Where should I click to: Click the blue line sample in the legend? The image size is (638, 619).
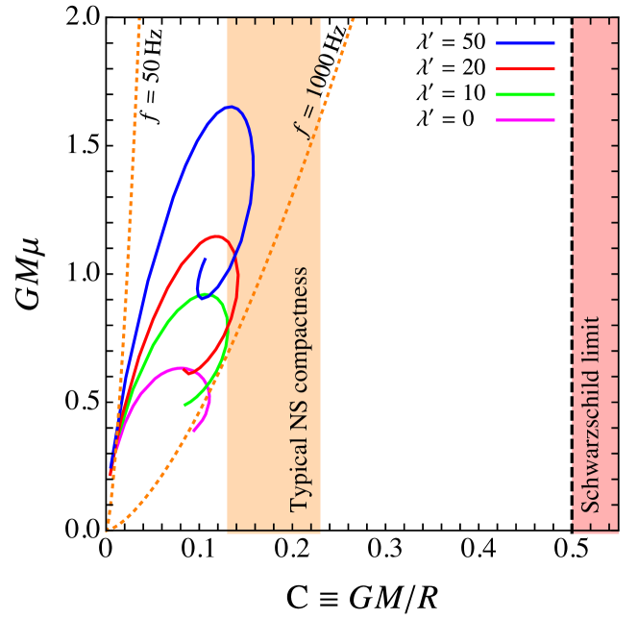(525, 43)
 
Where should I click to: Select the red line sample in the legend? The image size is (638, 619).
(525, 69)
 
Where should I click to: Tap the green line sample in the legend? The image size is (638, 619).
(525, 94)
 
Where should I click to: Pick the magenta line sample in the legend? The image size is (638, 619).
(525, 120)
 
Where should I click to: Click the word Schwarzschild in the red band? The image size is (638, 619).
(592, 443)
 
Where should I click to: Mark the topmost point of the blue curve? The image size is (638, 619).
(230, 107)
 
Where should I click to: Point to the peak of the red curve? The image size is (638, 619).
(217, 235)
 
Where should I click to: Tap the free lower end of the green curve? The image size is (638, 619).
(184, 406)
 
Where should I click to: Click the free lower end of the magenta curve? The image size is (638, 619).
(193, 432)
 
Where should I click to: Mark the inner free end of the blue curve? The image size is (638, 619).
(206, 259)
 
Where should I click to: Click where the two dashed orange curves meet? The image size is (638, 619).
(107, 530)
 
